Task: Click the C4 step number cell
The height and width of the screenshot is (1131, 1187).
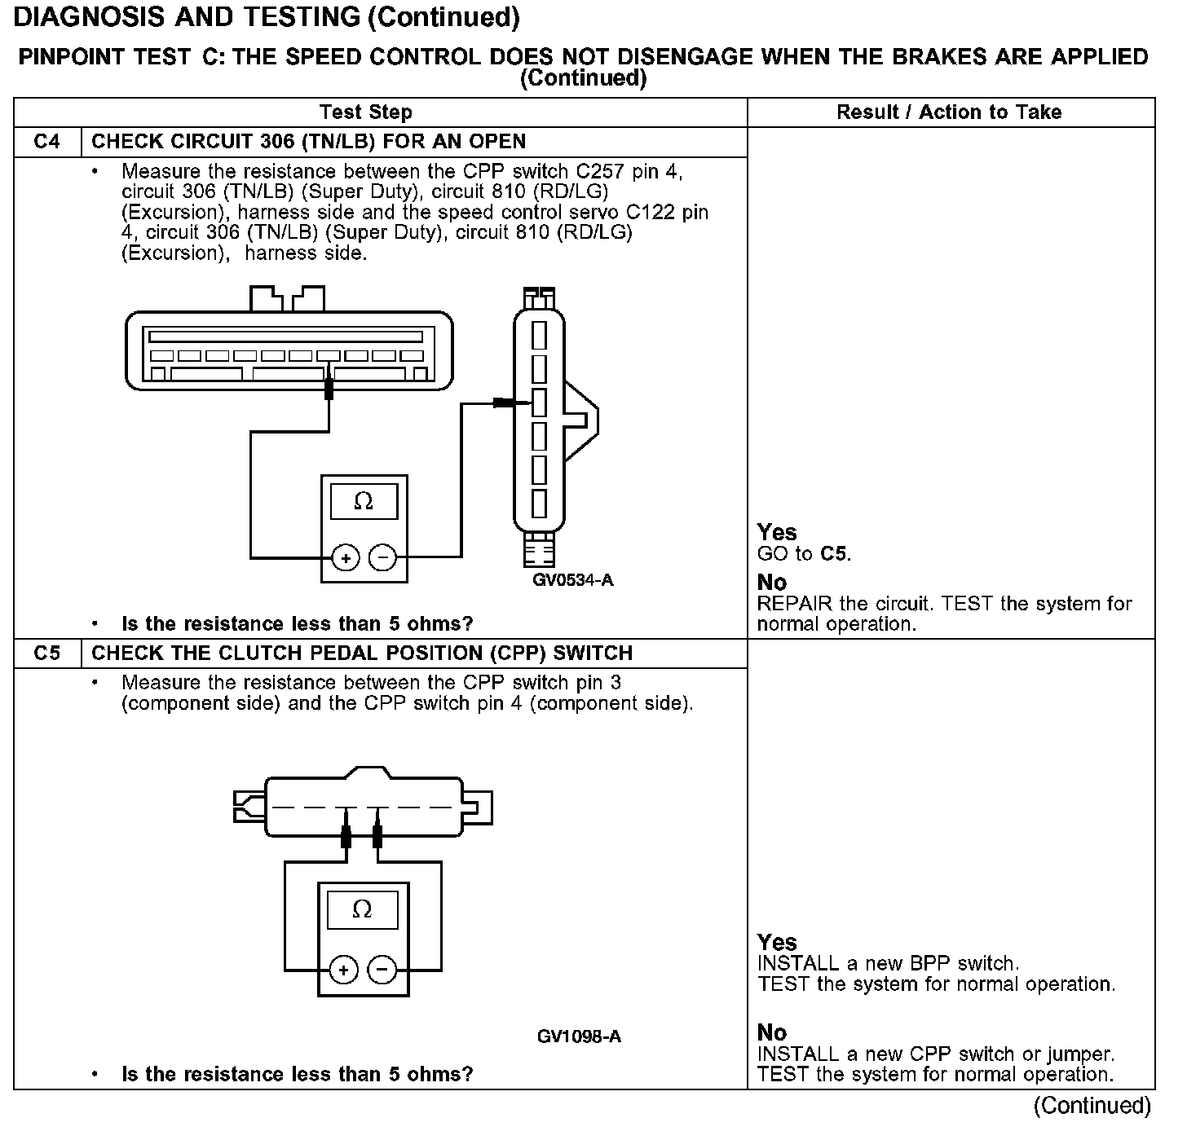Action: click(x=47, y=142)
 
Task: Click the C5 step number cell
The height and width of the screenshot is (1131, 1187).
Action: click(x=47, y=654)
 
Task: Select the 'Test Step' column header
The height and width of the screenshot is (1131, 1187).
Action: click(x=366, y=112)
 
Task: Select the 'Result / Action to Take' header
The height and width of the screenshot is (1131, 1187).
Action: click(x=949, y=112)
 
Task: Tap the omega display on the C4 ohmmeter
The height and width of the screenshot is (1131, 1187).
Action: click(x=364, y=502)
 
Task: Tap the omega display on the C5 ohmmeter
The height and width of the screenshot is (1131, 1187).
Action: click(x=363, y=909)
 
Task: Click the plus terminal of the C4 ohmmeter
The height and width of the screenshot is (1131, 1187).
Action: click(x=346, y=558)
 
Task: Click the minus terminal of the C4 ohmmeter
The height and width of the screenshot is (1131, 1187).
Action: click(x=382, y=558)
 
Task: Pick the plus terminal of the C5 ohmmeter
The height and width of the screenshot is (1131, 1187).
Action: click(x=344, y=970)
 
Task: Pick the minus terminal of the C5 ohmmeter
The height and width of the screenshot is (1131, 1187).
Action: click(x=382, y=970)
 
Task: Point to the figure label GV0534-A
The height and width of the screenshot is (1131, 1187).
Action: click(x=573, y=580)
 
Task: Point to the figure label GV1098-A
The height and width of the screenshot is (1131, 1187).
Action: click(x=579, y=1036)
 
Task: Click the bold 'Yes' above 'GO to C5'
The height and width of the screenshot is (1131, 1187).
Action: click(x=776, y=533)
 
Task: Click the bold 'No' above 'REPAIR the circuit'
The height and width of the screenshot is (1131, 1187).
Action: click(x=772, y=583)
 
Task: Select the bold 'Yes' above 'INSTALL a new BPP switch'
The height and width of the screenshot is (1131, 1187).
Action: click(x=776, y=943)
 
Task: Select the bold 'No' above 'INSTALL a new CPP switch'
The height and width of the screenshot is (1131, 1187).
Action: click(x=772, y=1033)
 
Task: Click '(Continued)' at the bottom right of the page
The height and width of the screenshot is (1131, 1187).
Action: click(x=1092, y=1106)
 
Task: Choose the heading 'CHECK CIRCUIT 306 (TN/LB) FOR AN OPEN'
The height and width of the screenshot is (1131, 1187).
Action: click(x=308, y=142)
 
